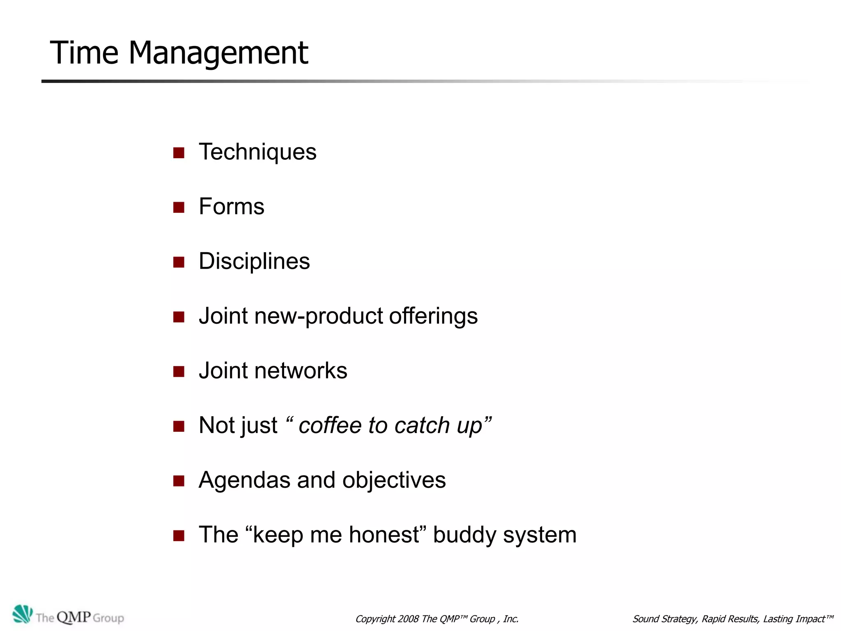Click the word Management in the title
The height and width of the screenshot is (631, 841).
[218, 53]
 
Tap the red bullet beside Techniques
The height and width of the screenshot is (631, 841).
[179, 153]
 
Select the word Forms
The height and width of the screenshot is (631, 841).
[232, 206]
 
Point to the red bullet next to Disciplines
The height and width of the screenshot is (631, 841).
[179, 262]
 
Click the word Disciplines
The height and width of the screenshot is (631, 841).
[254, 261]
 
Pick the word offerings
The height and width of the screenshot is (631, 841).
[433, 316]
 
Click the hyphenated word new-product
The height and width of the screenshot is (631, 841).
[319, 316]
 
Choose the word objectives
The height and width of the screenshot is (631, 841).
[394, 480]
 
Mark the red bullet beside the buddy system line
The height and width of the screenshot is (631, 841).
[179, 536]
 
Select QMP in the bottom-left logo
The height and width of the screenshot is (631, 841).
[74, 617]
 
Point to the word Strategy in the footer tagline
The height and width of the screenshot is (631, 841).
[678, 619]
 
